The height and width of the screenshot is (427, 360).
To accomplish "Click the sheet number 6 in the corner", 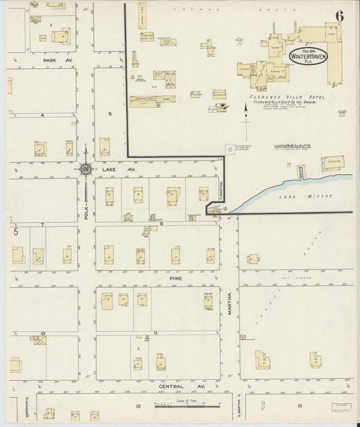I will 338,16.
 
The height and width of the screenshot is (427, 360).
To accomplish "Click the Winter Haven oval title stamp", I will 308,56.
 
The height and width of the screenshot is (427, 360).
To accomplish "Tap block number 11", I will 156,333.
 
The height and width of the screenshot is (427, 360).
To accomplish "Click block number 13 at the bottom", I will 138,405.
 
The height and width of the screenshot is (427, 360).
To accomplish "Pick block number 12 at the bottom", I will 299,405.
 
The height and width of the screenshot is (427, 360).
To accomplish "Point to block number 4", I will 42,115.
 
